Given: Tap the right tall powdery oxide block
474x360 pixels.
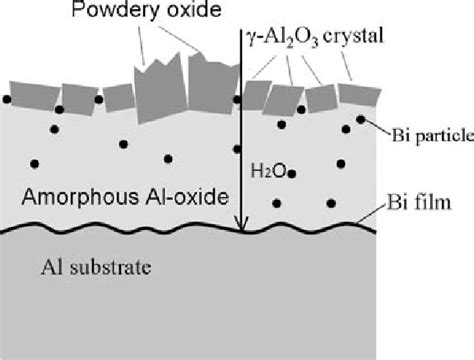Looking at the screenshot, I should point(209,77).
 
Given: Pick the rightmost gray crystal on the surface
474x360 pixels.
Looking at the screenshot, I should point(356,94).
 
